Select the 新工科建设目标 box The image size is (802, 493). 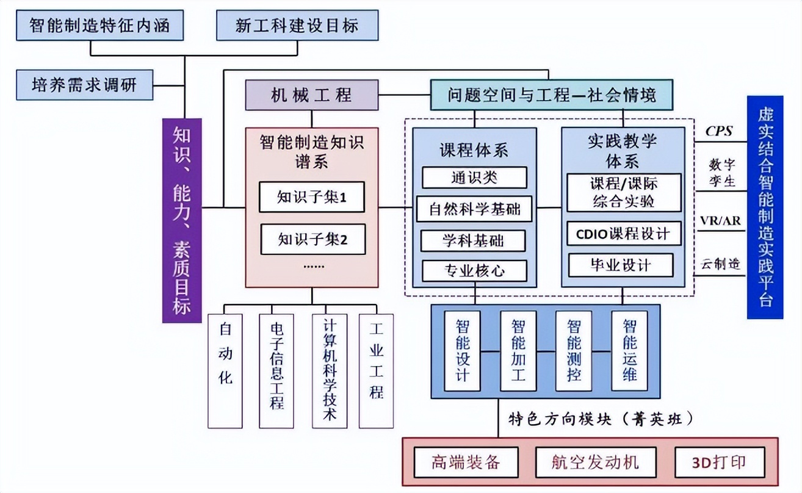coord(297,26)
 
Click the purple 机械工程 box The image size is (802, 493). coord(311,95)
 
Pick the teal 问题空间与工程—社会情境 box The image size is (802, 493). coord(552,95)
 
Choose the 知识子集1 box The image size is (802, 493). coord(312,197)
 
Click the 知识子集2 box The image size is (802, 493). coord(312,239)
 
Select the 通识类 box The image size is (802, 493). coord(474,178)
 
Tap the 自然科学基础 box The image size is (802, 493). coord(474,209)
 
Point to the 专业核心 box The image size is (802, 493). coord(474,271)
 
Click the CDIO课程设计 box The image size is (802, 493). coord(623,233)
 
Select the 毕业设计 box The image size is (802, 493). coord(620,265)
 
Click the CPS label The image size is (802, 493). coord(719,131)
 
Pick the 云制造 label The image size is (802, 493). coord(720,264)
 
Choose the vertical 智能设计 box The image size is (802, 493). coord(463,351)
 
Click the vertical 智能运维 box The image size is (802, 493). coord(629,351)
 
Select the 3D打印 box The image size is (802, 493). coord(719,461)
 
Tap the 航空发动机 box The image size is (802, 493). coord(596,461)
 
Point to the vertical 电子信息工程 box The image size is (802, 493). coord(276,370)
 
